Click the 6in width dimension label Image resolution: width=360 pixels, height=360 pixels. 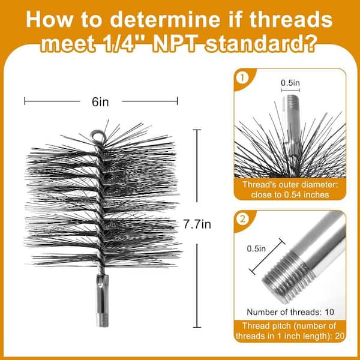coord(100,102)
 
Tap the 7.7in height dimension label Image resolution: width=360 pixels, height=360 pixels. coord(197,224)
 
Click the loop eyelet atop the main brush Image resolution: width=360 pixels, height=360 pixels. coord(98,136)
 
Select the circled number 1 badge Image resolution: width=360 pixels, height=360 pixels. coord(242,78)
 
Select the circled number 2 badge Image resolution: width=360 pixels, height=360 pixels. coord(242,219)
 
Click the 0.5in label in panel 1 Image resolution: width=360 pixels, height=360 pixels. coord(290,83)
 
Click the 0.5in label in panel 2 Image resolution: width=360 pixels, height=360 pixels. coord(256,248)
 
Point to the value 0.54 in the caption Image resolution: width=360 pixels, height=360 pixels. coord(293,194)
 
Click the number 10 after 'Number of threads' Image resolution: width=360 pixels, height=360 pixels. coord(329,312)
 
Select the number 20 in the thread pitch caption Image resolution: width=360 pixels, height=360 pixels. coord(340,336)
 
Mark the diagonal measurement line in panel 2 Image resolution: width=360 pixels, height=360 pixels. coord(267,257)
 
